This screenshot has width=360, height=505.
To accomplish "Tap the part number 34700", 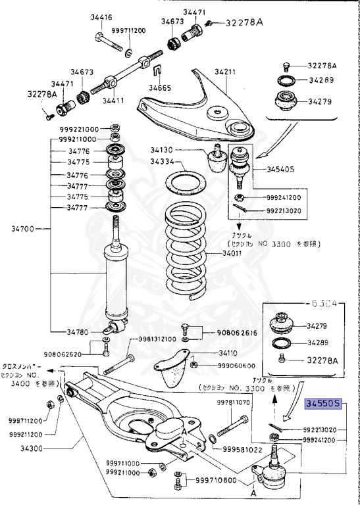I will tap(22, 229).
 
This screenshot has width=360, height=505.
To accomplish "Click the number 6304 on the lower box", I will tap(324, 303).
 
